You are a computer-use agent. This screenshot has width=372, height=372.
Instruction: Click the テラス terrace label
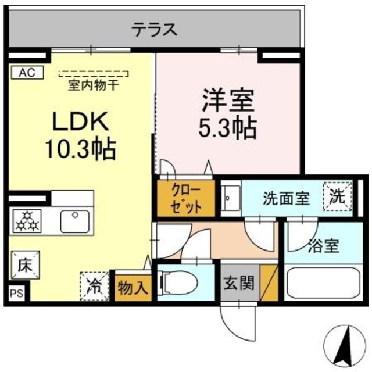tap(153, 29)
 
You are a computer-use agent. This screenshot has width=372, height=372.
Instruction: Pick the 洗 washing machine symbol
tap(338, 197)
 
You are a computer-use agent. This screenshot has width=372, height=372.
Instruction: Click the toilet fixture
tap(179, 284)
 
